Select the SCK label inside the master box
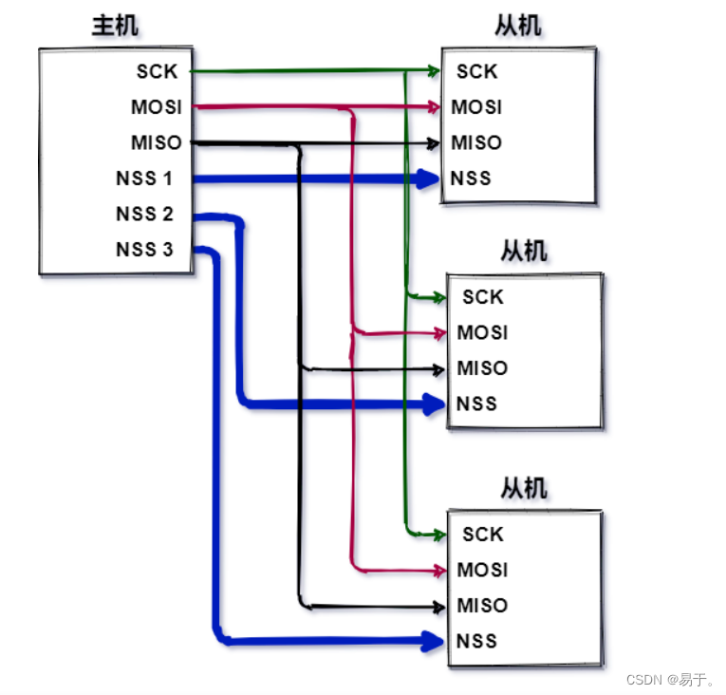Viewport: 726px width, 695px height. point(157,71)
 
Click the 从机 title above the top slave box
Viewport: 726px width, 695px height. point(518,27)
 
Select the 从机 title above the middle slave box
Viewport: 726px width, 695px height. point(524,253)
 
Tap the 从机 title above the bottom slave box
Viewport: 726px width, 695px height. point(524,490)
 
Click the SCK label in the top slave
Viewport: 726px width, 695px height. point(476,71)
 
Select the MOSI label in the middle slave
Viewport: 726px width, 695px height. point(482,333)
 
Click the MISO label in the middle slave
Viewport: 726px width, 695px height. point(482,368)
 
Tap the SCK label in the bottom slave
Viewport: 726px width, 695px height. point(482,535)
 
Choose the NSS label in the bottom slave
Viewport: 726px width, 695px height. point(476,641)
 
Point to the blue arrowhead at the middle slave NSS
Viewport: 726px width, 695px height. point(434,404)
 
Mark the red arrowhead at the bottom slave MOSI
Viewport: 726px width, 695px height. point(438,571)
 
